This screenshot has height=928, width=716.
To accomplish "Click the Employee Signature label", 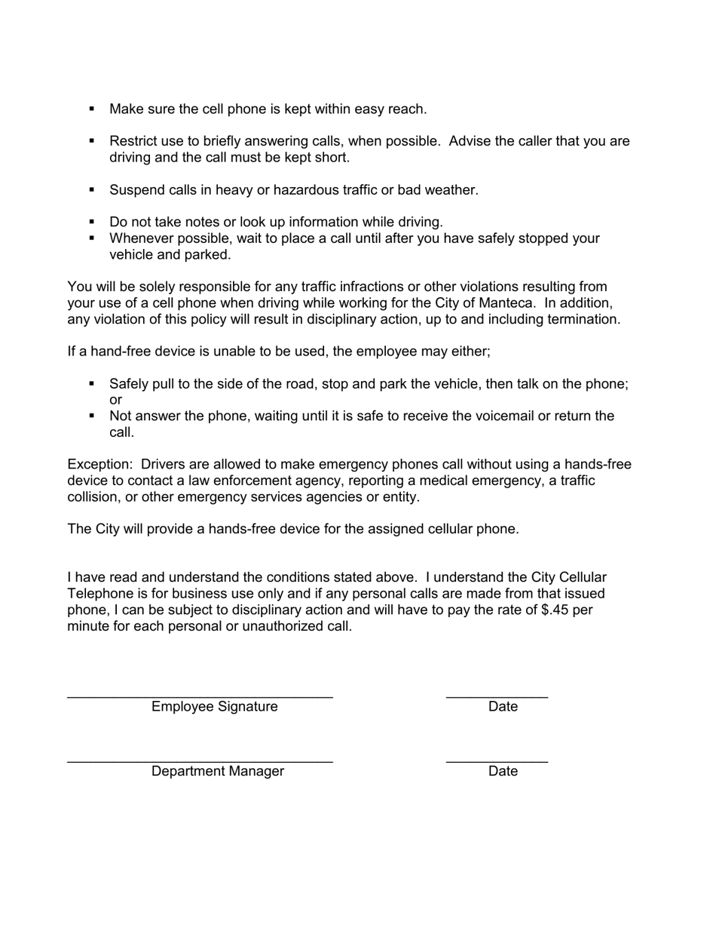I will [214, 707].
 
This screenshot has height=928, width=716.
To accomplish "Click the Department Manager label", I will [218, 771].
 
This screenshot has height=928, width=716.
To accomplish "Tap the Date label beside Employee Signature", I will [503, 707].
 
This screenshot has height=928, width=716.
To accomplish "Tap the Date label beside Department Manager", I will [503, 771].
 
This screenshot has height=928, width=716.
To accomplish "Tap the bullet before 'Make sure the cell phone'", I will [92, 109].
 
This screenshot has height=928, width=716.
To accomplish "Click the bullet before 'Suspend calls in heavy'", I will [92, 189].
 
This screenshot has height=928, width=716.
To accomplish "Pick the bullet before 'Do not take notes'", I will [92, 222].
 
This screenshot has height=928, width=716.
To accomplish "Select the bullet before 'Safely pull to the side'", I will [92, 383].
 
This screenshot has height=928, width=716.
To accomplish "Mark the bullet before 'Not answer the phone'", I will [92, 416].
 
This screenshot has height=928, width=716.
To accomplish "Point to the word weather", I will [451, 190].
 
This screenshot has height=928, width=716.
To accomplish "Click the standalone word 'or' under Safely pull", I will [115, 401].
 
